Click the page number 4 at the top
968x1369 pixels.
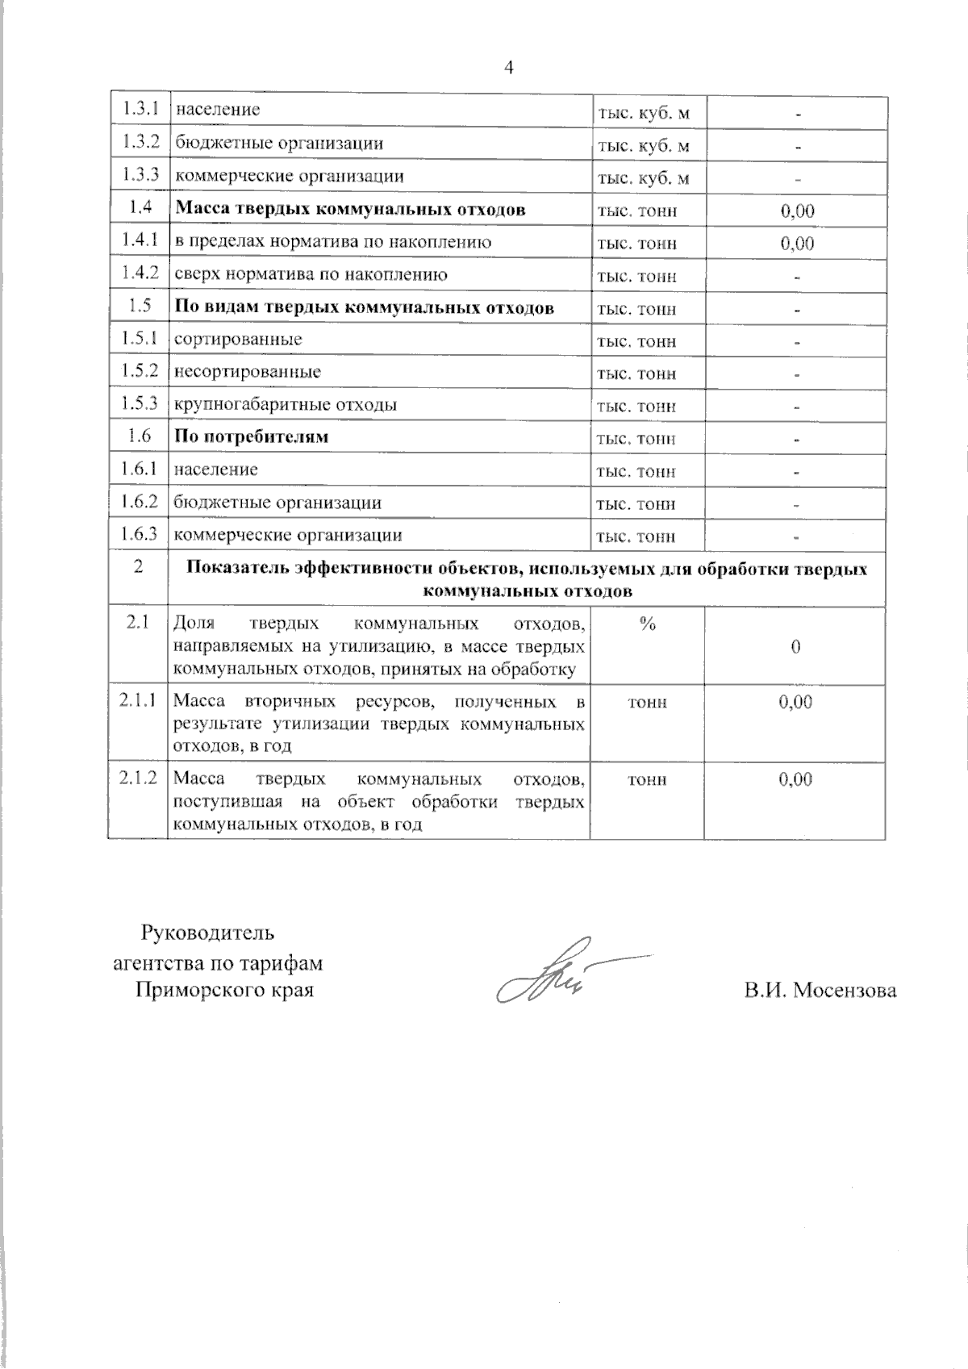point(508,68)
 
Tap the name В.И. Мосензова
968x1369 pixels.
point(820,990)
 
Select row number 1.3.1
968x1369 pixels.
point(139,108)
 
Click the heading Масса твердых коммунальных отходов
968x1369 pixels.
point(351,210)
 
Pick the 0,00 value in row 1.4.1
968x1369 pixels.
point(796,243)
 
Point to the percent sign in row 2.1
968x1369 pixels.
point(647,624)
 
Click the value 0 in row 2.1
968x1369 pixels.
point(795,647)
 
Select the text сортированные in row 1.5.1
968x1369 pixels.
point(239,340)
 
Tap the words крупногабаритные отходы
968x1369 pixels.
point(286,405)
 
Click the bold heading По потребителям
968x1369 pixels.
point(252,437)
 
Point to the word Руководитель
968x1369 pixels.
point(208,933)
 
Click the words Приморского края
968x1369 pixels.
point(224,990)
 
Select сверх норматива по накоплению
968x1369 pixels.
point(311,275)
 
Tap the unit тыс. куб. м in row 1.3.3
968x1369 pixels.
point(643,177)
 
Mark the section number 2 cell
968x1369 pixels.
point(139,567)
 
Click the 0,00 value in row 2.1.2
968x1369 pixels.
point(795,779)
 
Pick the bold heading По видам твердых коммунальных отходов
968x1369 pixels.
point(365,307)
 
